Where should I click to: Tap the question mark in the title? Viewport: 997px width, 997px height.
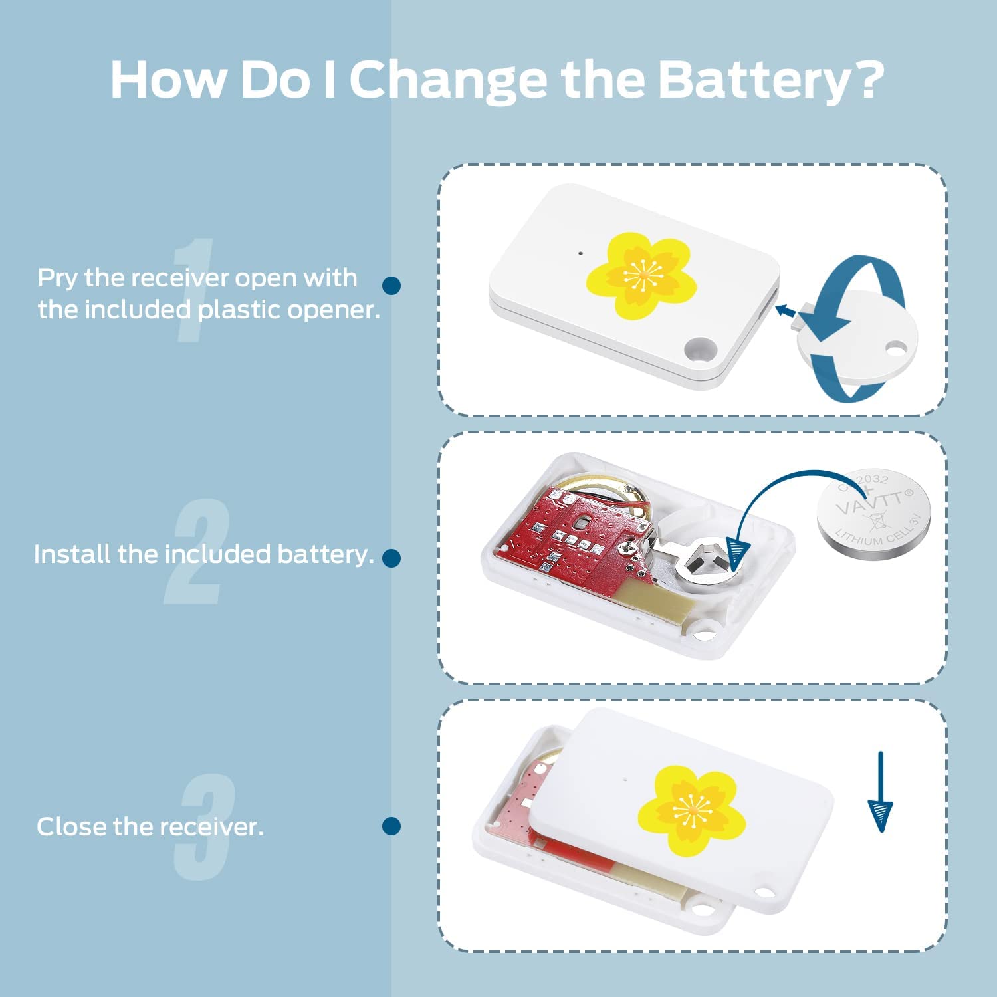click(x=867, y=78)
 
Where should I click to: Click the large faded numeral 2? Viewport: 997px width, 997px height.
click(x=196, y=552)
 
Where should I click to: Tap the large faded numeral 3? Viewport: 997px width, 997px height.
click(x=205, y=828)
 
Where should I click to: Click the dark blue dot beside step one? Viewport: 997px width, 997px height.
click(x=391, y=286)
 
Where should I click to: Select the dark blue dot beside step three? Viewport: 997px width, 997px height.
click(x=391, y=826)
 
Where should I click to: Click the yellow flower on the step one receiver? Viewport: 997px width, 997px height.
click(x=641, y=275)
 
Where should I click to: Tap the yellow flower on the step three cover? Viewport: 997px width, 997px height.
click(x=691, y=810)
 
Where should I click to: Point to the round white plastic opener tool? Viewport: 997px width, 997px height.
click(x=857, y=339)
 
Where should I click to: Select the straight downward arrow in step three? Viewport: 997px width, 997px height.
click(x=880, y=792)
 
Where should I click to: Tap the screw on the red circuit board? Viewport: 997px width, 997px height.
click(x=627, y=547)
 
